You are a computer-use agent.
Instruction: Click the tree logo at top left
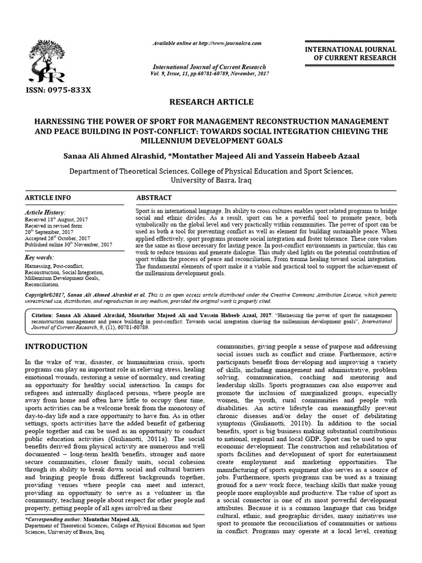coord(48,60)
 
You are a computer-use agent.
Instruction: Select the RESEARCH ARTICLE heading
coord(211,102)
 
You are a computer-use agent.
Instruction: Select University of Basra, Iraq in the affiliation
coord(211,180)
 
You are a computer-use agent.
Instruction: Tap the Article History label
coord(46,212)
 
